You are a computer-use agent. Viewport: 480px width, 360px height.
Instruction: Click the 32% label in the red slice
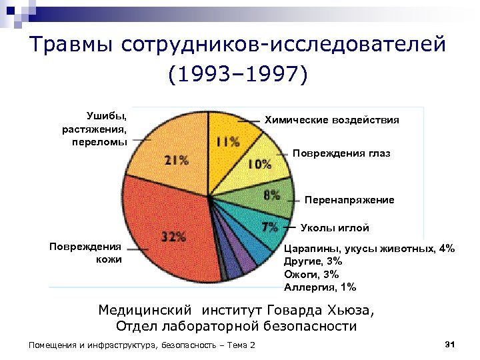[173, 237]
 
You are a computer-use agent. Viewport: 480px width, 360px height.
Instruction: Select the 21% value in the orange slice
[177, 160]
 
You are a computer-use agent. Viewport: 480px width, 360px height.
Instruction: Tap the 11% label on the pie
[227, 141]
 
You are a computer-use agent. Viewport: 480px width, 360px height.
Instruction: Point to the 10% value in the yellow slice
[259, 164]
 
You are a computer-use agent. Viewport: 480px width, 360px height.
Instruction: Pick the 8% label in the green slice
[271, 195]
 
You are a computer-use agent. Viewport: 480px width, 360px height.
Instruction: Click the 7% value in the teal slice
[270, 226]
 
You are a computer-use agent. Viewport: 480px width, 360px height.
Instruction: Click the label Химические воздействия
[332, 120]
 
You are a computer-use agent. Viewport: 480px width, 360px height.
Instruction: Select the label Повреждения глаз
[341, 153]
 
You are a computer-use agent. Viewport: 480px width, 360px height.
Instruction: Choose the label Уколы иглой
[335, 228]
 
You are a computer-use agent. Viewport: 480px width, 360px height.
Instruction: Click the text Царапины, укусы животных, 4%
[369, 248]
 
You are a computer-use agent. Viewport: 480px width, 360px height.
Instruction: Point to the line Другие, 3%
[313, 261]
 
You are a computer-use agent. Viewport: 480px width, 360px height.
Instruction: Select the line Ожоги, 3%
[311, 275]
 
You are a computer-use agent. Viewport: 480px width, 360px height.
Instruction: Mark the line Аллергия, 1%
[320, 288]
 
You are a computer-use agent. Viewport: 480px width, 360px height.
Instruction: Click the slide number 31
[449, 344]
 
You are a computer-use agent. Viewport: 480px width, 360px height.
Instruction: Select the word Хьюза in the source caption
[347, 311]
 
